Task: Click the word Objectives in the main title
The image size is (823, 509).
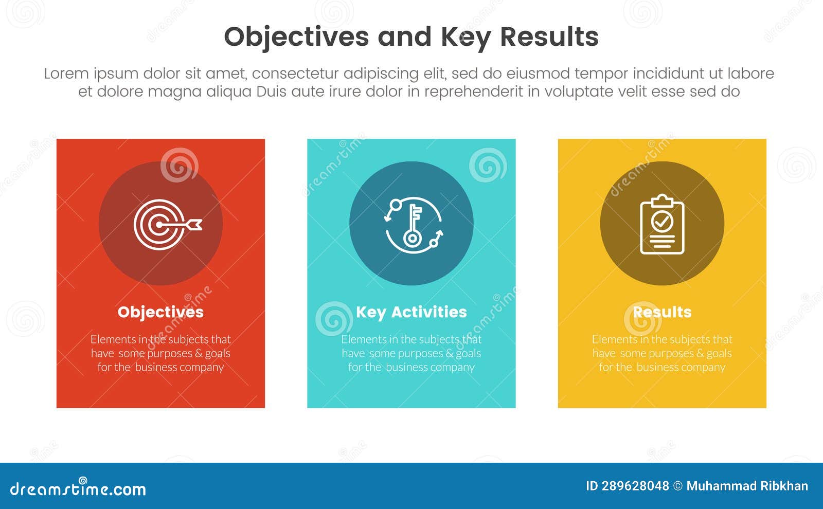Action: pyautogui.click(x=296, y=37)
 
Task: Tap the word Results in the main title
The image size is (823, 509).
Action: pyautogui.click(x=549, y=37)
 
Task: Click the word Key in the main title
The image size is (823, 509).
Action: pyautogui.click(x=465, y=37)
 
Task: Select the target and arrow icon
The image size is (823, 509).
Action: pyautogui.click(x=166, y=225)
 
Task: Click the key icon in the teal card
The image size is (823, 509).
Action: pyautogui.click(x=412, y=225)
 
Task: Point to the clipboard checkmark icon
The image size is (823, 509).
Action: pyautogui.click(x=662, y=225)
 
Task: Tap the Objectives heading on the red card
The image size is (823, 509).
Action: pyautogui.click(x=160, y=312)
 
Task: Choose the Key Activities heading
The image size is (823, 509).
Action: pyautogui.click(x=411, y=312)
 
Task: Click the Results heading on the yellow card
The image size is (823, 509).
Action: pyautogui.click(x=662, y=312)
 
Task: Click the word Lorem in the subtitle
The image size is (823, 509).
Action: pyautogui.click(x=66, y=74)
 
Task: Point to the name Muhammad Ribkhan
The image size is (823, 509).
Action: pyautogui.click(x=747, y=486)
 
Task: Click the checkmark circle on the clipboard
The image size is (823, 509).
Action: pyautogui.click(x=662, y=222)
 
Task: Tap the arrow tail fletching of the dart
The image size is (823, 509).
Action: pyautogui.click(x=195, y=224)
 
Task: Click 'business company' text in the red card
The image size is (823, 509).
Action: pyautogui.click(x=179, y=367)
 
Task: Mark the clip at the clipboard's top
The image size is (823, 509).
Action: pyautogui.click(x=662, y=200)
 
